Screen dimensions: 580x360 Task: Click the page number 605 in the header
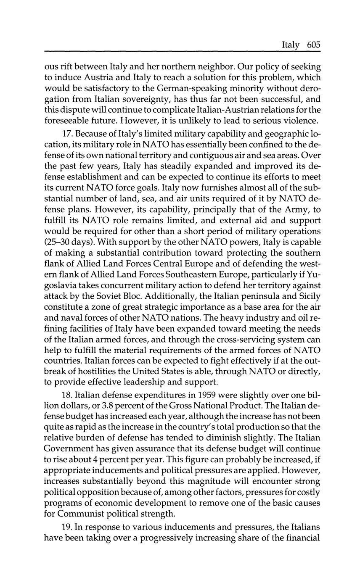[x=314, y=45]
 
